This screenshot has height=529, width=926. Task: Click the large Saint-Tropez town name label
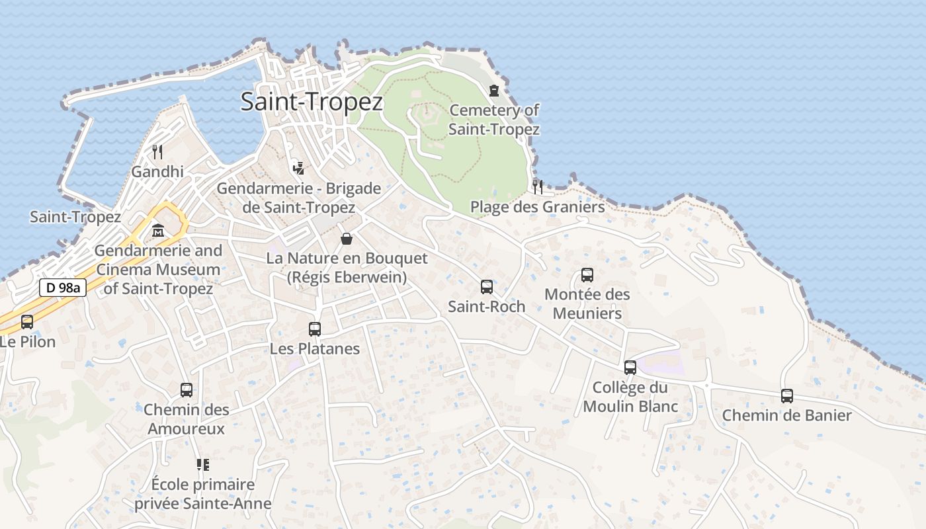(x=312, y=102)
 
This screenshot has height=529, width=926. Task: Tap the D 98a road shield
(x=63, y=288)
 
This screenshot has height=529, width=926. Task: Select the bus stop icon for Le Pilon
(x=27, y=322)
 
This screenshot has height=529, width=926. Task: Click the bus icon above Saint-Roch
(x=487, y=287)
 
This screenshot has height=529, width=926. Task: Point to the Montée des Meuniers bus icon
(x=587, y=275)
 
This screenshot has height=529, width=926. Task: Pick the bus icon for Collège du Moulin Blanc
(x=630, y=368)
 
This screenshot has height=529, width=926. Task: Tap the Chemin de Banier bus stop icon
(x=787, y=396)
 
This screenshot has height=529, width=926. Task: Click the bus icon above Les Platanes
(x=315, y=329)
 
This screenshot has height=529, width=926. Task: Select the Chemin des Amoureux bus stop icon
(x=187, y=390)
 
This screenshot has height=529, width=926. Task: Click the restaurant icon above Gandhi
(x=157, y=152)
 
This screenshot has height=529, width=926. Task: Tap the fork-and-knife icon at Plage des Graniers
(x=538, y=186)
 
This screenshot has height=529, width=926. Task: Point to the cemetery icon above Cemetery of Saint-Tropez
(x=494, y=91)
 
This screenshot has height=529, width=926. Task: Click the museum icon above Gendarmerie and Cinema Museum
(x=158, y=231)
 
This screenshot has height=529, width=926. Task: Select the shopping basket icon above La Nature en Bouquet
(x=347, y=239)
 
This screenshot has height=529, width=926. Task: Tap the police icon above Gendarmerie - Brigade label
(x=298, y=168)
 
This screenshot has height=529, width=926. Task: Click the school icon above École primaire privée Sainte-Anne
(x=202, y=465)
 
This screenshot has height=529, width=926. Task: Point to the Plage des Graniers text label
(x=537, y=207)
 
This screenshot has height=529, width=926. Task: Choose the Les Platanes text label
(x=315, y=348)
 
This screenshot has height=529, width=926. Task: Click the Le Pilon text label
(x=28, y=342)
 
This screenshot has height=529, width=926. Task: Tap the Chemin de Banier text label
(x=787, y=415)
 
